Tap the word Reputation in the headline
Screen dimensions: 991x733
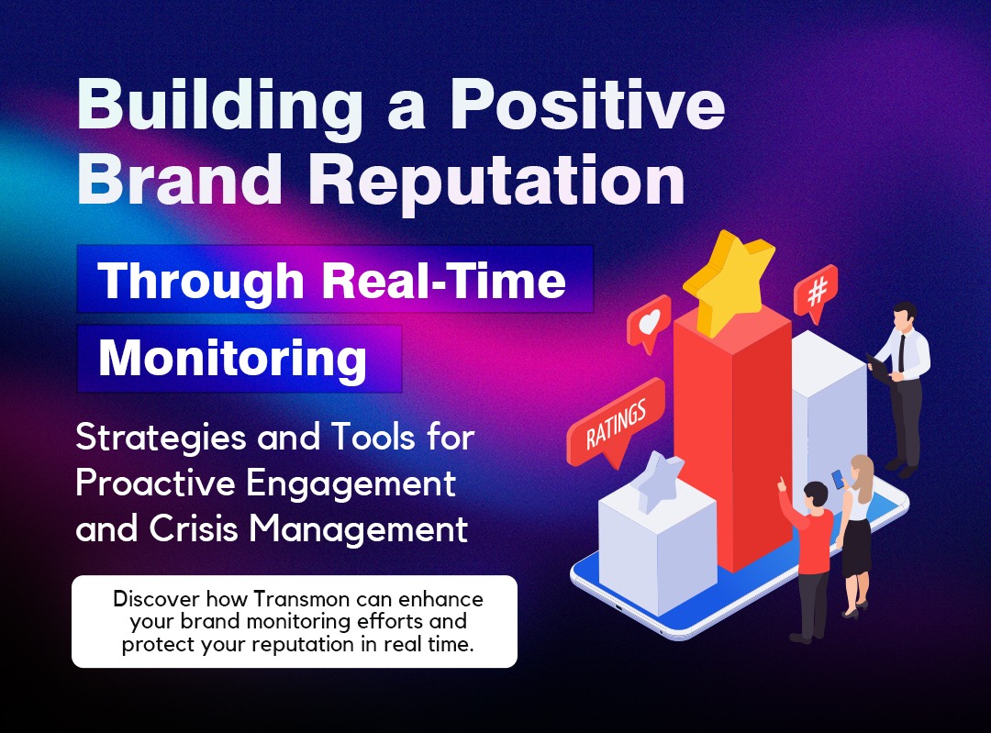click(x=496, y=182)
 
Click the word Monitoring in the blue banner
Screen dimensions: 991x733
click(x=232, y=359)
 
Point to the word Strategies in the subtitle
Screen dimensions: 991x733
click(x=161, y=439)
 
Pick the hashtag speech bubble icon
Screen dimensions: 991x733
click(x=816, y=293)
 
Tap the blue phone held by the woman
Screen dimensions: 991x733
click(x=838, y=479)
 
